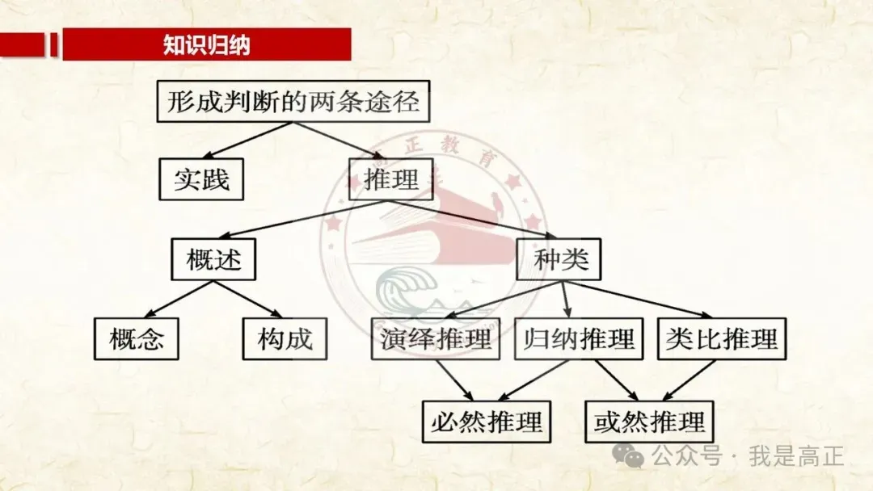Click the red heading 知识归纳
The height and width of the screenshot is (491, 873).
point(207,44)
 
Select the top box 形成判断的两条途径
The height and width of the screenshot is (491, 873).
point(293,101)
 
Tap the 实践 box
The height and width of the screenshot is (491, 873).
point(201,179)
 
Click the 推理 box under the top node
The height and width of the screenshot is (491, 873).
point(391,179)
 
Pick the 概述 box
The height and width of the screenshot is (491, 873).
point(213,259)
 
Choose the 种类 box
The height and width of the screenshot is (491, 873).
point(559,259)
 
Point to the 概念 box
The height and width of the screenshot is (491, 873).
point(137,338)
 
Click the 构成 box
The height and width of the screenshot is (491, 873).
point(285,338)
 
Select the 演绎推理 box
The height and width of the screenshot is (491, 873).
point(436,338)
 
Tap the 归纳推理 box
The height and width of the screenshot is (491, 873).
point(579,338)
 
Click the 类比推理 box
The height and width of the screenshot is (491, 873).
point(722,338)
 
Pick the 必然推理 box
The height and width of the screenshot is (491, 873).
point(487,422)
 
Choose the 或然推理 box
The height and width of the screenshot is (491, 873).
point(649,422)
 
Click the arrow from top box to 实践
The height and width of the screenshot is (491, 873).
point(247,141)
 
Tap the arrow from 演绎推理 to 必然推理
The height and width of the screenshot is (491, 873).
point(454,380)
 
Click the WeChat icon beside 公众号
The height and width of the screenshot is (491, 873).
point(628,455)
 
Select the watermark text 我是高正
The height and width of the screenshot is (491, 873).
point(796,456)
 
